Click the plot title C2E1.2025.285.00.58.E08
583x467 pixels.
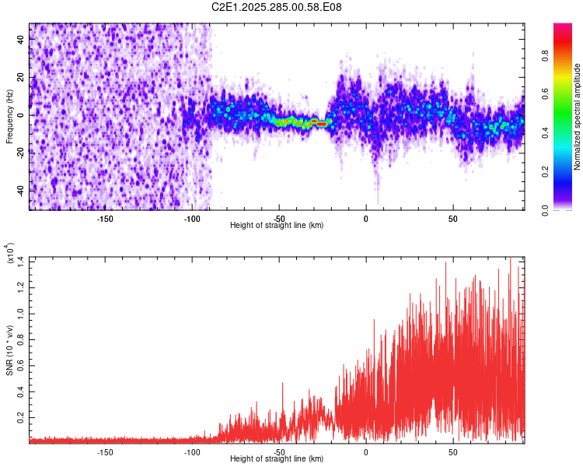pyautogui.click(x=277, y=7)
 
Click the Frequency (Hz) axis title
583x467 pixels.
pyautogui.click(x=9, y=116)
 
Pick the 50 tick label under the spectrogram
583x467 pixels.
pyautogui.click(x=452, y=219)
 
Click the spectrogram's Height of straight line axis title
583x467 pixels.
pyautogui.click(x=277, y=226)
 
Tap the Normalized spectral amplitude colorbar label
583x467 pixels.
pyautogui.click(x=578, y=117)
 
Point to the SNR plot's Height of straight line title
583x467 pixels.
pyautogui.click(x=277, y=459)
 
